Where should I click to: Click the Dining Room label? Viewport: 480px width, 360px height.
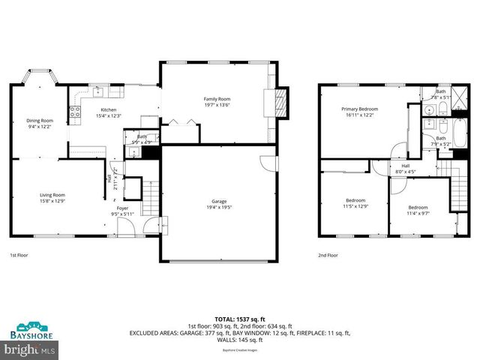pyautogui.click(x=40, y=120)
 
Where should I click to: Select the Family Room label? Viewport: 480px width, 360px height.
pyautogui.click(x=217, y=99)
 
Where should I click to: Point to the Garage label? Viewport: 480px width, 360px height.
pyautogui.click(x=218, y=201)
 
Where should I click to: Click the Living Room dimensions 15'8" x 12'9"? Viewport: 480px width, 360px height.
pyautogui.click(x=52, y=201)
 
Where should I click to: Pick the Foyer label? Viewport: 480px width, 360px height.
pyautogui.click(x=121, y=208)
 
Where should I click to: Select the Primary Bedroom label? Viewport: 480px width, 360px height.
pyautogui.click(x=360, y=109)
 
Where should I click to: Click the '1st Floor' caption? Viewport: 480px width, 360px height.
pyautogui.click(x=19, y=255)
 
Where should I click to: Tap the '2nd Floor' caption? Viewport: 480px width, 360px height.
pyautogui.click(x=328, y=255)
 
